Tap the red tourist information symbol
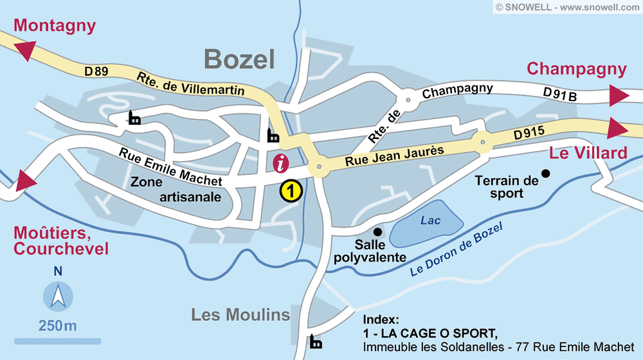tap(281, 163)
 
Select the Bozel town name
tap(239, 60)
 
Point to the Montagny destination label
tap(55, 26)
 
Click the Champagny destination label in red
tap(576, 69)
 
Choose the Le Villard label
tap(588, 153)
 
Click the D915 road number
tap(529, 134)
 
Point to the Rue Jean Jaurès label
tap(394, 156)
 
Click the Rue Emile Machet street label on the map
tap(170, 167)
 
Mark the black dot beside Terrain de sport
tap(545, 173)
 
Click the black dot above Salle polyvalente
tap(377, 231)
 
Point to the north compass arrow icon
tap(58, 296)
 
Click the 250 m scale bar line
tap(58, 340)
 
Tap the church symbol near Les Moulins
tap(316, 342)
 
